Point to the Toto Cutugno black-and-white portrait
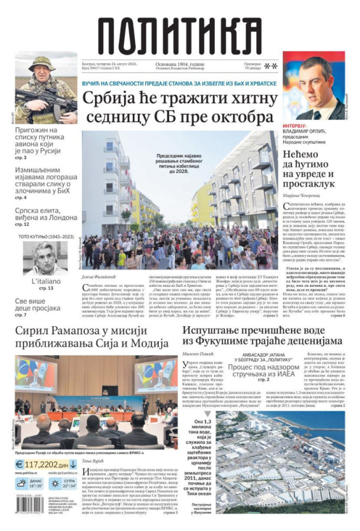click(45, 258)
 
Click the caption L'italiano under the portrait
click(46, 281)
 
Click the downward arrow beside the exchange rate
click(73, 464)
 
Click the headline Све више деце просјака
click(38, 305)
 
